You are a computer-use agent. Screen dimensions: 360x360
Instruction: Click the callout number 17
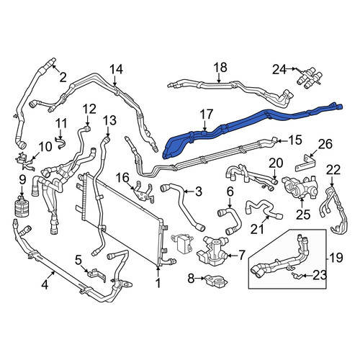[x=207, y=114]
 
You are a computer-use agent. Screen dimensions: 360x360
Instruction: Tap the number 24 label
[x=279, y=70]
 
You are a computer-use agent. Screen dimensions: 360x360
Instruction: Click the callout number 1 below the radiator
[x=158, y=284]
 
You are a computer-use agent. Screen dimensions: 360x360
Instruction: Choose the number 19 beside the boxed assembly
[x=336, y=258]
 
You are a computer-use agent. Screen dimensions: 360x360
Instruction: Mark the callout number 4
[x=45, y=285]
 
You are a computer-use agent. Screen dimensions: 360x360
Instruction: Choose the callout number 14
[x=117, y=69]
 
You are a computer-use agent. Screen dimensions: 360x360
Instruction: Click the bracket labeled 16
[x=143, y=192]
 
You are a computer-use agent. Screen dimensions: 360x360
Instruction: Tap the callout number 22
[x=333, y=171]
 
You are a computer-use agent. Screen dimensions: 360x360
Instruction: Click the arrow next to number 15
[x=283, y=141]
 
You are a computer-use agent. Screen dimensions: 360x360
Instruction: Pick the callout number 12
[x=89, y=109]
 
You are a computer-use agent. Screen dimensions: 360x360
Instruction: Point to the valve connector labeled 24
[x=308, y=77]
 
